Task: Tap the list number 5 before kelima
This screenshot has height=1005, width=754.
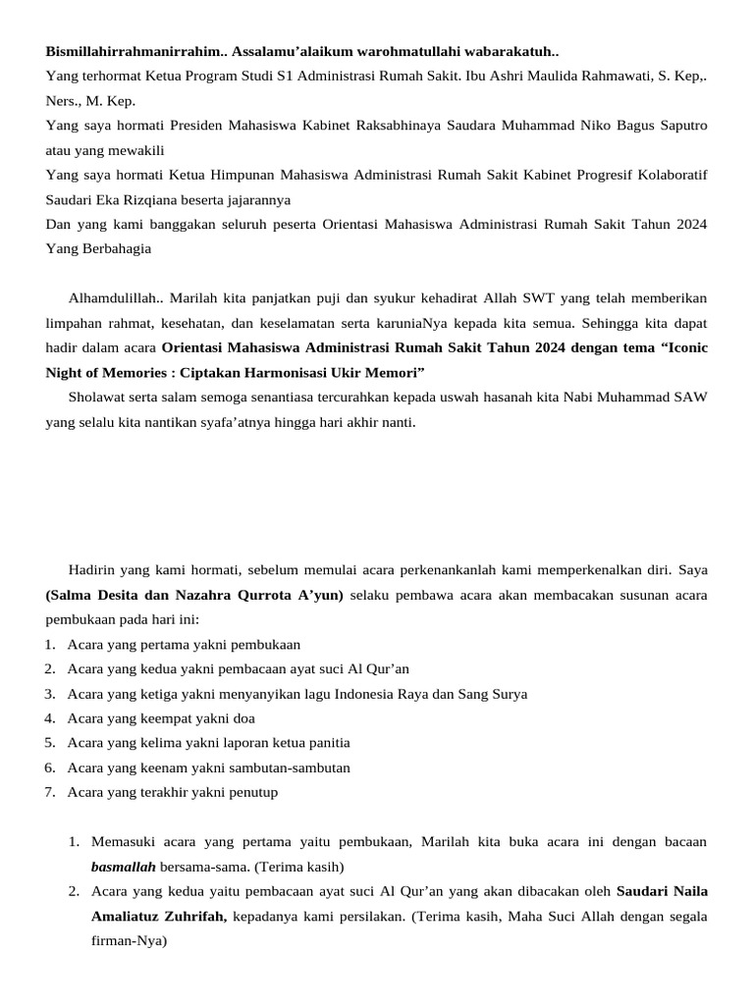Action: click(x=49, y=743)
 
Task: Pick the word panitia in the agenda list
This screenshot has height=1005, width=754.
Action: click(x=328, y=743)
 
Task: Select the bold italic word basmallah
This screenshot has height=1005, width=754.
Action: click(x=122, y=867)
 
